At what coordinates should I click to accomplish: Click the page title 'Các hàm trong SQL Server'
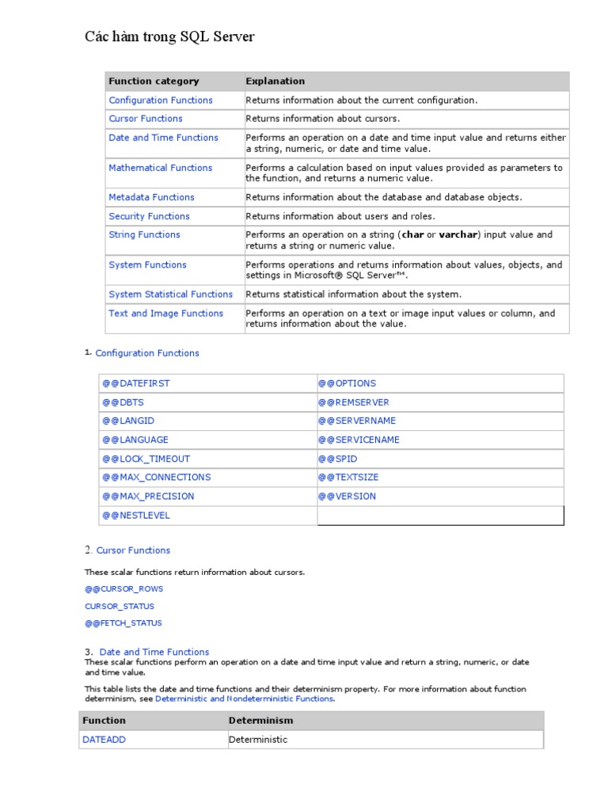[x=169, y=37]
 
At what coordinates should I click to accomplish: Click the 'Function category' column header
[x=154, y=81]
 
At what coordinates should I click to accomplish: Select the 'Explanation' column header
[x=275, y=81]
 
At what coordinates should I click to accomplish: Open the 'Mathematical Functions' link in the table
[x=160, y=168]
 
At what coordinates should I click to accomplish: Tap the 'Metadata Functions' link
[x=151, y=197]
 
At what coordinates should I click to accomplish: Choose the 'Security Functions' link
[x=149, y=216]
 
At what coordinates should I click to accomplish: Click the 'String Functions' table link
[x=144, y=234]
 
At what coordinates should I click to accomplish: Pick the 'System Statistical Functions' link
[x=170, y=295]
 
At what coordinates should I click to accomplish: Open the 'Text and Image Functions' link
[x=165, y=314]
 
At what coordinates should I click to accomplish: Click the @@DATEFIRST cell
[x=135, y=383]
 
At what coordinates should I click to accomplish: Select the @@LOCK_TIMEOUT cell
[x=146, y=459]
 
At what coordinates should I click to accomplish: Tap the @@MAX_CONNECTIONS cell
[x=156, y=478]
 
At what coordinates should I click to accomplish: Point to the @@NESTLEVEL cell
[x=135, y=516]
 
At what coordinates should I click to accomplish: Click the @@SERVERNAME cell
[x=356, y=421]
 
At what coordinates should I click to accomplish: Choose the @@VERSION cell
[x=347, y=497]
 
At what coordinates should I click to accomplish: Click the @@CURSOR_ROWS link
[x=123, y=589]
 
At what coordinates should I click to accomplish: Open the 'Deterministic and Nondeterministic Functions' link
[x=245, y=699]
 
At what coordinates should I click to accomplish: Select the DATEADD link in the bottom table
[x=104, y=740]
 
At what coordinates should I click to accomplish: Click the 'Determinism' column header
[x=260, y=721]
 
